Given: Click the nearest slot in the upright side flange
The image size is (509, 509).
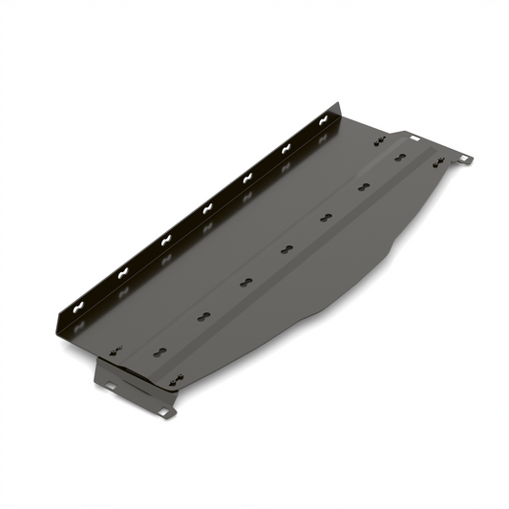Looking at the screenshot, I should [81, 308].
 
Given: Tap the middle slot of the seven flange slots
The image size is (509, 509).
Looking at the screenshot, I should [206, 206].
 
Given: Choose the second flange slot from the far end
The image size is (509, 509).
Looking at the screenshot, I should [286, 147].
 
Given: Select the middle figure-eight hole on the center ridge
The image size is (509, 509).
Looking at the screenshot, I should [286, 251].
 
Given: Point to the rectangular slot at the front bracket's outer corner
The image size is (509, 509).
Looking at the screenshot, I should [164, 413].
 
